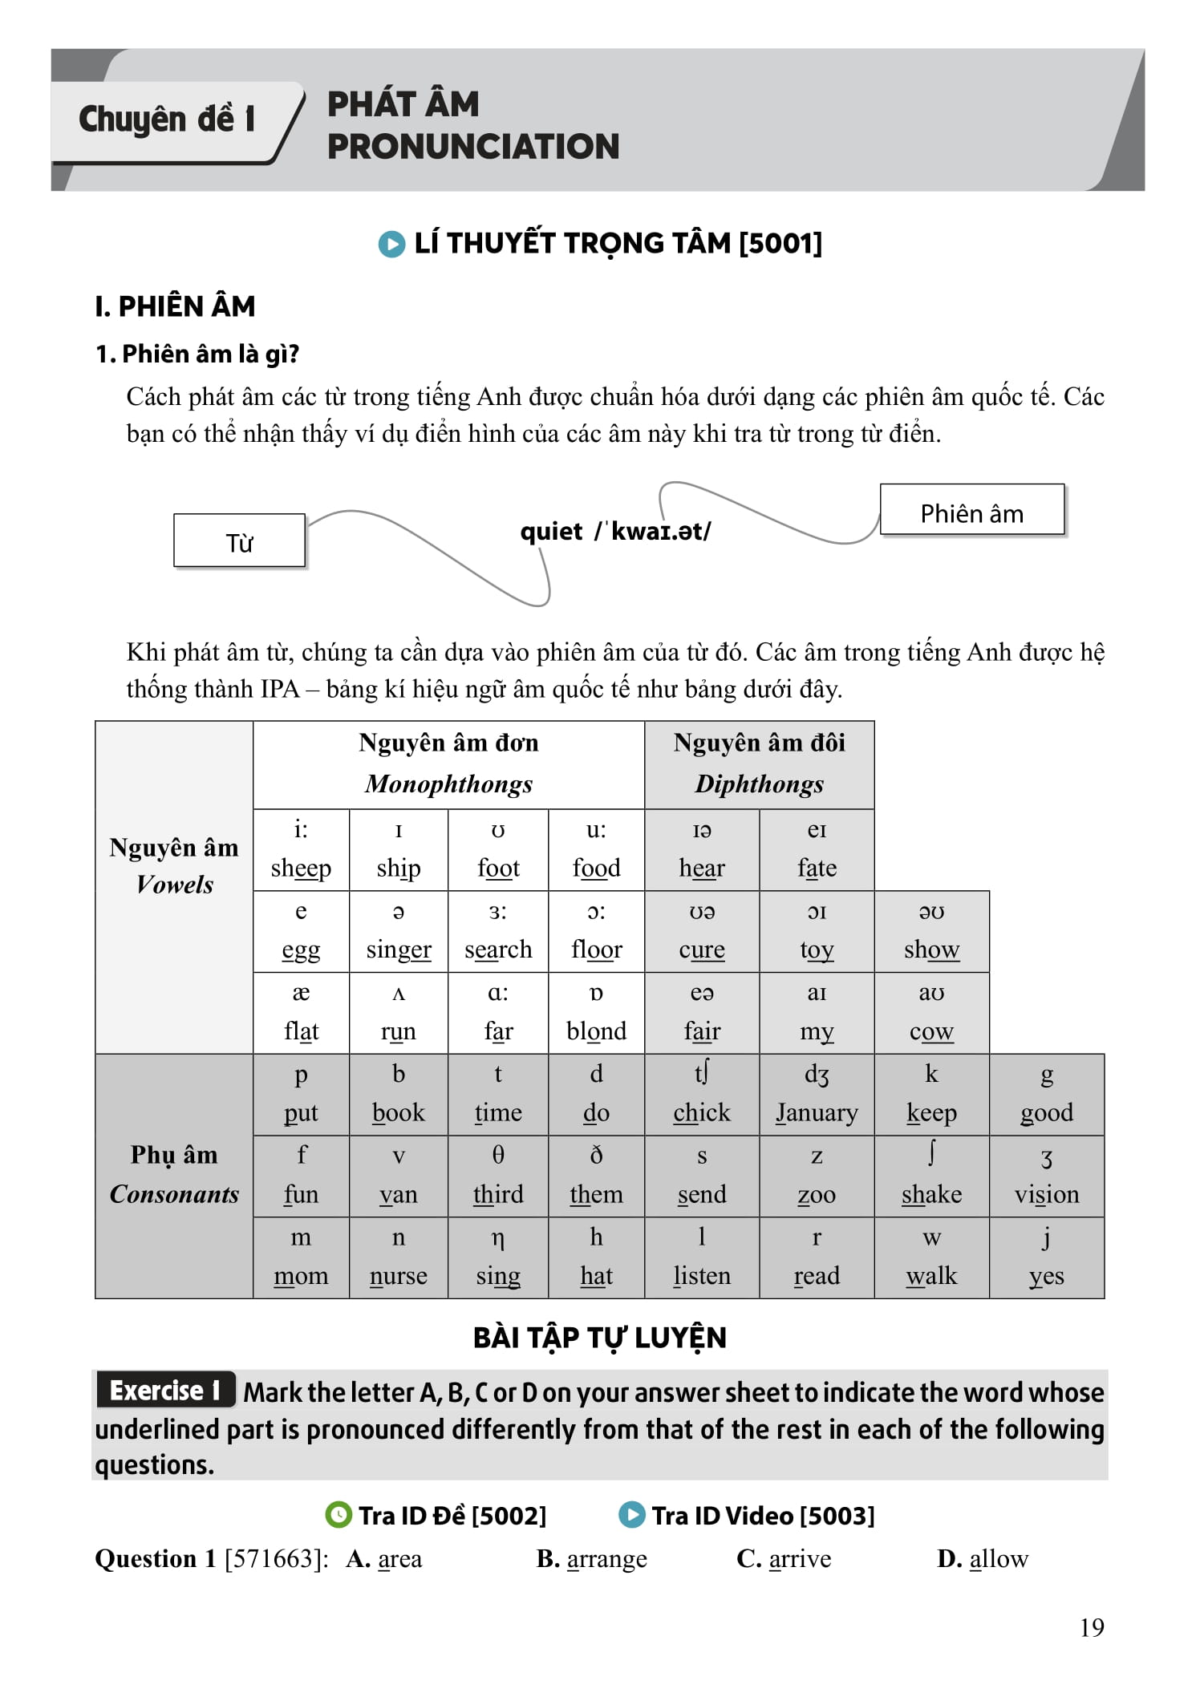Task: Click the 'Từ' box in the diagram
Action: pyautogui.click(x=239, y=541)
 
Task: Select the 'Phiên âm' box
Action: pyautogui.click(x=971, y=511)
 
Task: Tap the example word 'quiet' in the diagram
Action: pyautogui.click(x=551, y=531)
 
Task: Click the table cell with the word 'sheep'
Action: pyautogui.click(x=301, y=850)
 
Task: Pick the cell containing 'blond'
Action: pyautogui.click(x=596, y=1014)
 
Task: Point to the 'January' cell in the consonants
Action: pyautogui.click(x=816, y=1095)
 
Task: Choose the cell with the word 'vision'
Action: pyautogui.click(x=1046, y=1177)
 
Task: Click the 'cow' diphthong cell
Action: pyautogui.click(x=930, y=1014)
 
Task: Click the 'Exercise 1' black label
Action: pyautogui.click(x=165, y=1391)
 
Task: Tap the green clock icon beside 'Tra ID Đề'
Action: pyautogui.click(x=339, y=1515)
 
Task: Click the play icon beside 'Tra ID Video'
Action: pyautogui.click(x=632, y=1515)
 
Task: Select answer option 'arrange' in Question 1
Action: pyautogui.click(x=606, y=1559)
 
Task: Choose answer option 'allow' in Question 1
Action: pyautogui.click(x=998, y=1559)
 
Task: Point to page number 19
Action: pyautogui.click(x=1091, y=1627)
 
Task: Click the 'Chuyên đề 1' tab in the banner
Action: pyautogui.click(x=167, y=120)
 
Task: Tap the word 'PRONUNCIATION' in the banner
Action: pyautogui.click(x=472, y=147)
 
